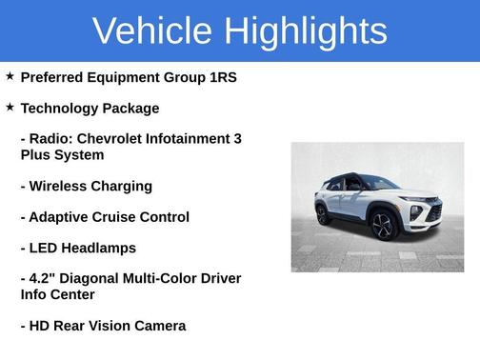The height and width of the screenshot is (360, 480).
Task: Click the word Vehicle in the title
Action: point(151,30)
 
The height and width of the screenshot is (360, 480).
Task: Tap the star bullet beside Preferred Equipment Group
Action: point(10,75)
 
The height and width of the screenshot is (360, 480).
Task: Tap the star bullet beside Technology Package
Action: point(10,107)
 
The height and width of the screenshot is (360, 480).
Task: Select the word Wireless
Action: point(59,186)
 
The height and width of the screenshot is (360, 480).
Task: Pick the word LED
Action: point(44,248)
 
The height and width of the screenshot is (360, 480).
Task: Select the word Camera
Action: point(158,326)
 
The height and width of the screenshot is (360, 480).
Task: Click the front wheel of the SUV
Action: point(383,225)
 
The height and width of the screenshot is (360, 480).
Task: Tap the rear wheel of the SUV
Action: point(324,214)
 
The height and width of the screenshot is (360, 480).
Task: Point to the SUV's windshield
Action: point(378,184)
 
